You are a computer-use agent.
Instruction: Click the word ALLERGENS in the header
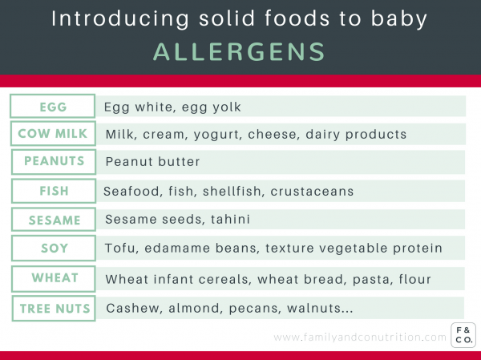(x=239, y=52)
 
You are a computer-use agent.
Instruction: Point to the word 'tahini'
(x=230, y=220)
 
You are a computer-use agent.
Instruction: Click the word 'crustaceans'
(x=312, y=191)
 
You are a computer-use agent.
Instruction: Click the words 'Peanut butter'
(x=152, y=162)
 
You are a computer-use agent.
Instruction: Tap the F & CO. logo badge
(x=463, y=335)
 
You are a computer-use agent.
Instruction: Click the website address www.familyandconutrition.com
(x=360, y=338)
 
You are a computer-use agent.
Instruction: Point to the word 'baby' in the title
(x=398, y=18)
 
